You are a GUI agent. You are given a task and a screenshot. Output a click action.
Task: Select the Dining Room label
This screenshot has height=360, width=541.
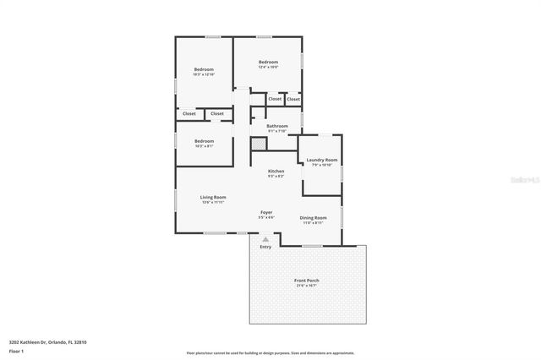point(314,217)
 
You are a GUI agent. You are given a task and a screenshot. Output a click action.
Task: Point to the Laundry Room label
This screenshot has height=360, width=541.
point(321,160)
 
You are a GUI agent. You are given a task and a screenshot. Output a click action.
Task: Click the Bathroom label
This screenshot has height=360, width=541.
point(277,126)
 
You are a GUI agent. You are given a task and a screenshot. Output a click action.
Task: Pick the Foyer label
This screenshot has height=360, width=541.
point(266,212)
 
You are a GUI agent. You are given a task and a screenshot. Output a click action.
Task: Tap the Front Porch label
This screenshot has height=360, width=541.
point(306,280)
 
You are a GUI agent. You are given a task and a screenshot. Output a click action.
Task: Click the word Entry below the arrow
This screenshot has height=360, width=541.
point(265,247)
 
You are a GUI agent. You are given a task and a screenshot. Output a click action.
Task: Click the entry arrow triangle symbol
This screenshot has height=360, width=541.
point(265,239)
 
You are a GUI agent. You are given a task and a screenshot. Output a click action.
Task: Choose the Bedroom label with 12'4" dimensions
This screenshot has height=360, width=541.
point(269,62)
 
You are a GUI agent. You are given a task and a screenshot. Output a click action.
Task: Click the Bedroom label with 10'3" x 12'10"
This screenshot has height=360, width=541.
point(204,69)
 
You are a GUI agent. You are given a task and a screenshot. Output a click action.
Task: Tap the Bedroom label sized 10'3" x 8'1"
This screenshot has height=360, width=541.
point(204,141)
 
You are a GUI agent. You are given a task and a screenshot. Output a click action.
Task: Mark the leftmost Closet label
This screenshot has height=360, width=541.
point(189,113)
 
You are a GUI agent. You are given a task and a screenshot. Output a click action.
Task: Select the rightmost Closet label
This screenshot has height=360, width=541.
point(292,99)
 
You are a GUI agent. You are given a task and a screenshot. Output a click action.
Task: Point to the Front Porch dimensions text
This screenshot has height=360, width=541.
point(306,286)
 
